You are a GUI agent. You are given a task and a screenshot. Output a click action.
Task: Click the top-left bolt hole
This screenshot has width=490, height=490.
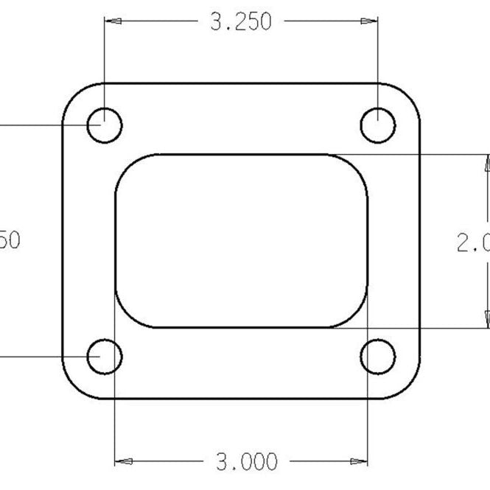click(x=105, y=125)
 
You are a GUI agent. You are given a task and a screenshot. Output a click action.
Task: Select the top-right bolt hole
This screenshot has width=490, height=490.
click(x=378, y=125)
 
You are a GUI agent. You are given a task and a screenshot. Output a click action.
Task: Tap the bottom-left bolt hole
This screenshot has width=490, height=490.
click(x=105, y=357)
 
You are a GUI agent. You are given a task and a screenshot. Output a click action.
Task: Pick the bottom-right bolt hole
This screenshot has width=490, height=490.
click(x=378, y=357)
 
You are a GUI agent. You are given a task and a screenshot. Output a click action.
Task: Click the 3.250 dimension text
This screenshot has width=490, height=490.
click(x=241, y=22)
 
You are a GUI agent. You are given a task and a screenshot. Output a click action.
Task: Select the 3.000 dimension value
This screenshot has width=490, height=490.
click(x=247, y=462)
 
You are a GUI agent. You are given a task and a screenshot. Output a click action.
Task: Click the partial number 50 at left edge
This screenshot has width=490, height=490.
click(x=10, y=240)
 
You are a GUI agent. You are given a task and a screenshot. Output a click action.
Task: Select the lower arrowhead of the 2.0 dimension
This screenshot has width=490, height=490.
click(x=486, y=320)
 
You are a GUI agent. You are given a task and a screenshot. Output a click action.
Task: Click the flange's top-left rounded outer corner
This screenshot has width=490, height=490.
click(x=73, y=95)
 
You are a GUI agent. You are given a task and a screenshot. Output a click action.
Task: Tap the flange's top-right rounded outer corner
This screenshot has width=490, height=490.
click(x=409, y=95)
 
